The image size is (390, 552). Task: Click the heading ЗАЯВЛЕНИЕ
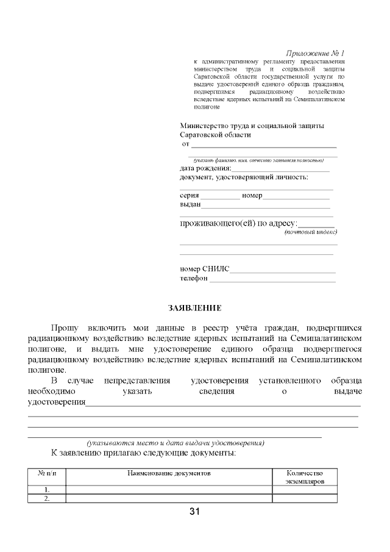pyautogui.click(x=195, y=309)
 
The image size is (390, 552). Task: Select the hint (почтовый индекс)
pyautogui.click(x=311, y=232)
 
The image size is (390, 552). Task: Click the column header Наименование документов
pyautogui.click(x=169, y=473)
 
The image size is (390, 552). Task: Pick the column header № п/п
pyautogui.click(x=47, y=473)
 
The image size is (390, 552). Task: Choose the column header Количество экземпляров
pyautogui.click(x=305, y=477)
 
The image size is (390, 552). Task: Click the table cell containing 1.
pyautogui.click(x=47, y=490)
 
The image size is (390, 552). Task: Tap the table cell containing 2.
pyautogui.click(x=47, y=498)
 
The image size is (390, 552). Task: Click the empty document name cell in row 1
pyautogui.click(x=169, y=490)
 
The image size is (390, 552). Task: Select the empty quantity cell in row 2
pyautogui.click(x=305, y=498)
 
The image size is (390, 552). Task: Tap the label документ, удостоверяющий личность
pyautogui.click(x=244, y=177)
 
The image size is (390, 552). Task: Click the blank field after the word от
pyautogui.click(x=264, y=145)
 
